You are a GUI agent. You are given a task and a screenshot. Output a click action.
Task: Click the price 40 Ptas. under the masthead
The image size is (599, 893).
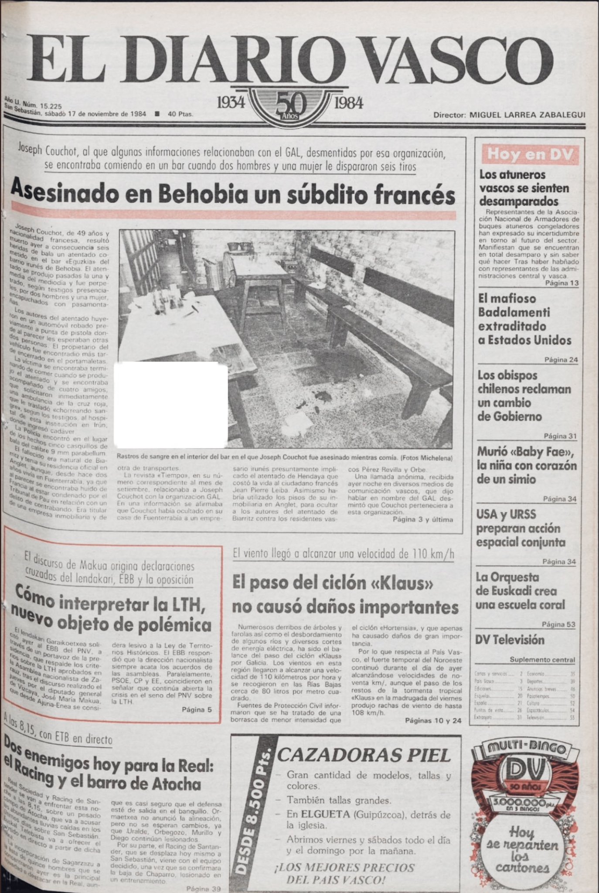point(180,114)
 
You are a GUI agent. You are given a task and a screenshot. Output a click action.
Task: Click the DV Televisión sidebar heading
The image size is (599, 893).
point(510,640)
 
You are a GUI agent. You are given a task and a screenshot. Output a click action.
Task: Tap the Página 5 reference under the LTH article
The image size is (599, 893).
point(197,709)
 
